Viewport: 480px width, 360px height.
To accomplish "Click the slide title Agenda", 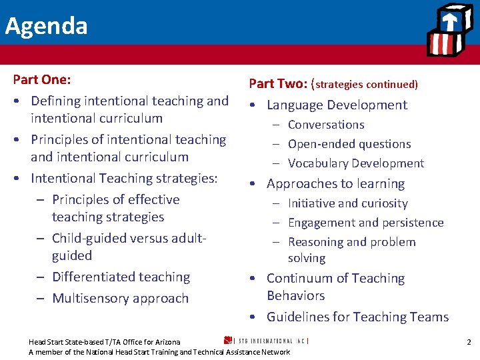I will (x=46, y=26).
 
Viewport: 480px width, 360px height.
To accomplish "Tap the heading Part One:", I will (x=42, y=79).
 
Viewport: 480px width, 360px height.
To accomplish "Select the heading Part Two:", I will (x=277, y=84).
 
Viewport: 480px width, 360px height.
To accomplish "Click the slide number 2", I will (x=469, y=342).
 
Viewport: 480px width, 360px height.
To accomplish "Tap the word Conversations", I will (x=326, y=125).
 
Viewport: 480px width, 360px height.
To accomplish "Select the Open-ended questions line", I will (x=349, y=144).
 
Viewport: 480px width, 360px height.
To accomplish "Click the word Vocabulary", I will (x=318, y=163).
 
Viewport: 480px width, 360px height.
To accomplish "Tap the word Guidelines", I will (x=297, y=317).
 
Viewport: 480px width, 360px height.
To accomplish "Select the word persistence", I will (x=411, y=223).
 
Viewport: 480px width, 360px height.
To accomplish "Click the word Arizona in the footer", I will (x=165, y=342).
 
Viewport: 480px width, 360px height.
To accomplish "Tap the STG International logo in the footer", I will (x=266, y=341).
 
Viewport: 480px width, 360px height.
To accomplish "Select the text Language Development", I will (x=337, y=105).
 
